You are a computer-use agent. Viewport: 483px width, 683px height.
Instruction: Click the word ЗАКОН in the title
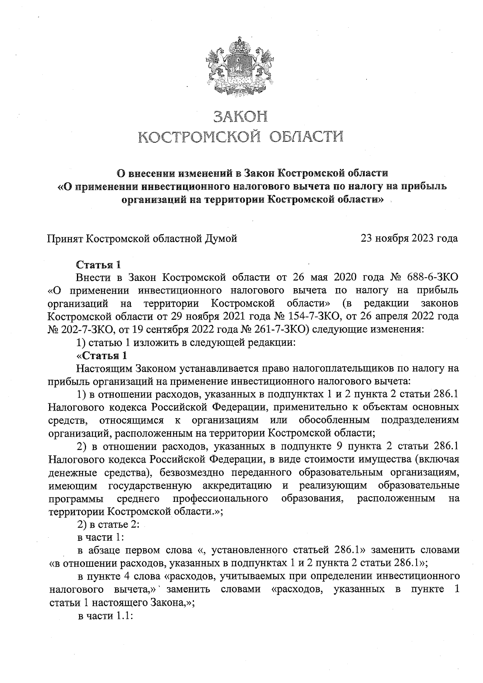click(240, 117)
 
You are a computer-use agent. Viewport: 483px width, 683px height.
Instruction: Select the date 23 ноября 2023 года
click(409, 238)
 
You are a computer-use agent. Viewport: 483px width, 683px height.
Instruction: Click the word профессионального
click(221, 499)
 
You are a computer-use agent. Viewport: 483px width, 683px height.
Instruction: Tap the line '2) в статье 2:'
click(108, 525)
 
